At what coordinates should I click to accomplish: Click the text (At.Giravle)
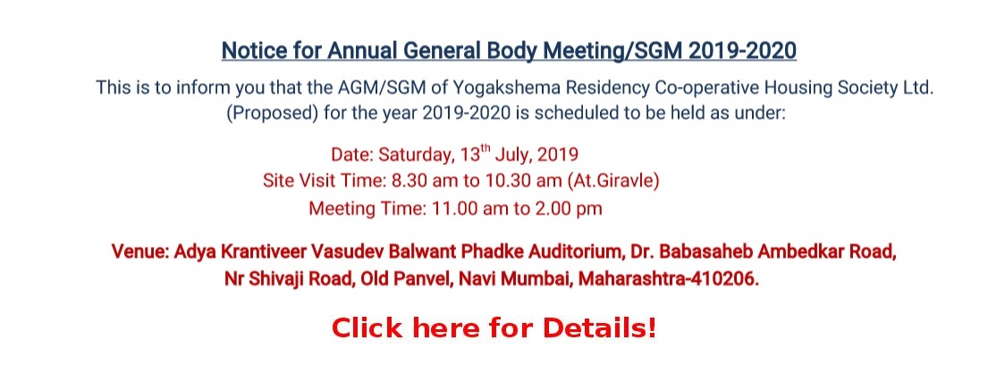click(x=613, y=182)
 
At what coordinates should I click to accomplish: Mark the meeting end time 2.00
click(x=552, y=208)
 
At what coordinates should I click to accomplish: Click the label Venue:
click(x=139, y=251)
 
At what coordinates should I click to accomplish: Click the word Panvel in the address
click(x=421, y=279)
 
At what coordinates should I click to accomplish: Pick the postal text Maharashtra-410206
click(x=669, y=279)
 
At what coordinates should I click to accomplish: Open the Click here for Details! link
click(x=494, y=328)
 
